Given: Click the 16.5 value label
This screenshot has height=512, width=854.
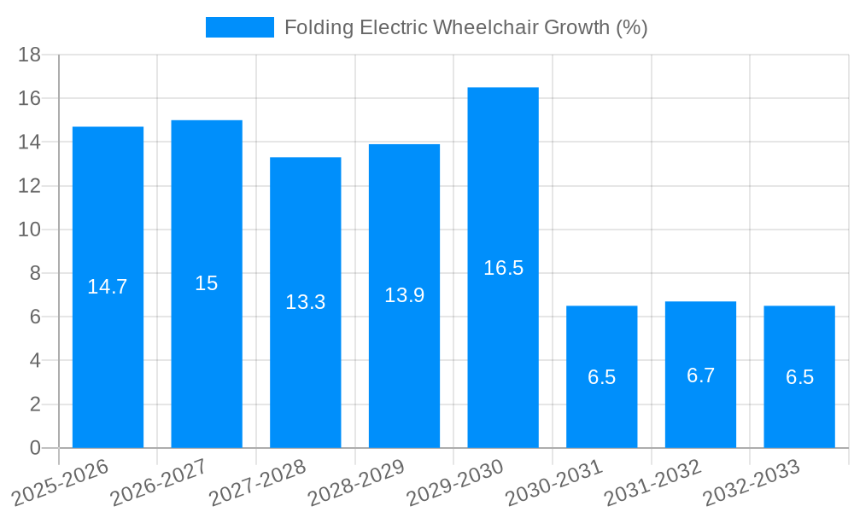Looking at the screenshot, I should click(503, 268).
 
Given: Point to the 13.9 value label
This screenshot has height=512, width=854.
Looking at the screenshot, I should click(404, 295).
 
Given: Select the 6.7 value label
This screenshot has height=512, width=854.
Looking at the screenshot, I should click(700, 375).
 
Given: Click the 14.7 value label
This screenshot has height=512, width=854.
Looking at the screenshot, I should click(108, 287).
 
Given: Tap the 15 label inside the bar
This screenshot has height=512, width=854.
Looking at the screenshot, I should click(207, 283).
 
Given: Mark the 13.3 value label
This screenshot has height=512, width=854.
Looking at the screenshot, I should click(305, 302).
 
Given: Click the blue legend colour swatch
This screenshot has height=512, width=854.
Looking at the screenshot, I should click(240, 27).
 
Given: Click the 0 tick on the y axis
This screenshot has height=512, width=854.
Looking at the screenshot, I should click(35, 448).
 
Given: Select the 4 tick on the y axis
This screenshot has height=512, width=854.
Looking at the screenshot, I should click(35, 361).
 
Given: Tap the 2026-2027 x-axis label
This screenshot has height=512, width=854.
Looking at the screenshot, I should click(158, 482).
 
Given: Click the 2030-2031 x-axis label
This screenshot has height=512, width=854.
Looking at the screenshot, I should click(553, 482).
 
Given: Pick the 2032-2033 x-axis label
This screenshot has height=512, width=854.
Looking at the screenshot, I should click(751, 482).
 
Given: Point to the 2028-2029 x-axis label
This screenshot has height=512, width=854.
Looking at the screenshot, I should click(355, 482).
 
